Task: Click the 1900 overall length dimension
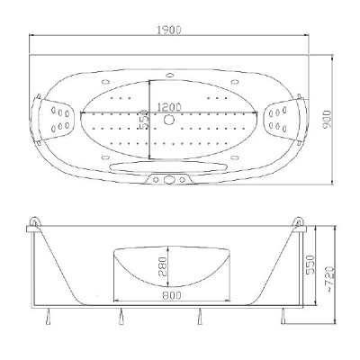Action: click(169, 30)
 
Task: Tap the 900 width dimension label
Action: click(327, 120)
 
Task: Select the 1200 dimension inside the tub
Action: click(169, 107)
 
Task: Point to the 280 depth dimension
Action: click(162, 266)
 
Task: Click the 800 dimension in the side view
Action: click(172, 295)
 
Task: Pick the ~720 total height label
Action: click(329, 279)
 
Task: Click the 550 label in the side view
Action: click(310, 265)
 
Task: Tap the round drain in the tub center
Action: click(169, 120)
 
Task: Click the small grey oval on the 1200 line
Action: click(144, 112)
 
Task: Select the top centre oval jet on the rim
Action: click(170, 75)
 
